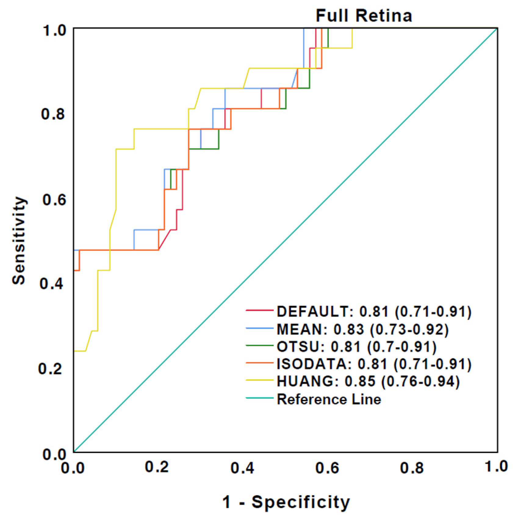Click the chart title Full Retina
(x=364, y=16)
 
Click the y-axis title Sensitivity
(x=19, y=241)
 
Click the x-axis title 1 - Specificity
(x=286, y=502)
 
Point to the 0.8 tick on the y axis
(x=53, y=114)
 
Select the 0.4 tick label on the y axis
(x=52, y=284)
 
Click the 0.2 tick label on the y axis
(x=50, y=369)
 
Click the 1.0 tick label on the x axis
(x=496, y=467)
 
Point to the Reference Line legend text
(x=329, y=399)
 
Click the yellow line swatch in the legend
(x=259, y=380)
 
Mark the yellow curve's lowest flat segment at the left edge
(x=79, y=351)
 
